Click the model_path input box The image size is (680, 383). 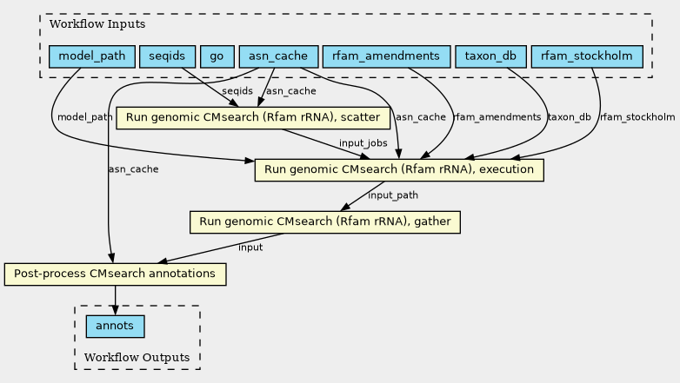pyautogui.click(x=92, y=56)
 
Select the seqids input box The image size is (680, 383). pyautogui.click(x=167, y=56)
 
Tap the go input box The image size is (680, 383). pyautogui.click(x=217, y=56)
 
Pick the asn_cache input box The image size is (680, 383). pyautogui.click(x=279, y=56)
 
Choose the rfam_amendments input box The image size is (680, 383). pyautogui.click(x=386, y=56)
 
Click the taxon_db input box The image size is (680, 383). pyautogui.click(x=491, y=56)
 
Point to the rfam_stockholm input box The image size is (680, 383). pyautogui.click(x=587, y=56)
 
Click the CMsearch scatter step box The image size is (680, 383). pyautogui.click(x=253, y=118)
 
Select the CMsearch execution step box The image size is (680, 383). pyautogui.click(x=399, y=170)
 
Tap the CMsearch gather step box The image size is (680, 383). pyautogui.click(x=325, y=221)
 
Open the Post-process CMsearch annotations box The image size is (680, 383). pyautogui.click(x=116, y=274)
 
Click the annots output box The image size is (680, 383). pyautogui.click(x=116, y=327)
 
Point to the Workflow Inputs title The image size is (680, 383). pyautogui.click(x=97, y=23)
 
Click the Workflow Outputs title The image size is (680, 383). pyautogui.click(x=137, y=358)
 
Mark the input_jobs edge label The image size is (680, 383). pyautogui.click(x=363, y=143)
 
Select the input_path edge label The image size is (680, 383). pyautogui.click(x=393, y=195)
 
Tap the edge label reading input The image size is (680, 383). pyautogui.click(x=250, y=248)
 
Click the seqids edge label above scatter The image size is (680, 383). pyautogui.click(x=237, y=91)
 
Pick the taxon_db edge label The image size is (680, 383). pyautogui.click(x=570, y=117)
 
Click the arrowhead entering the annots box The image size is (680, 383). pyautogui.click(x=115, y=310)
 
